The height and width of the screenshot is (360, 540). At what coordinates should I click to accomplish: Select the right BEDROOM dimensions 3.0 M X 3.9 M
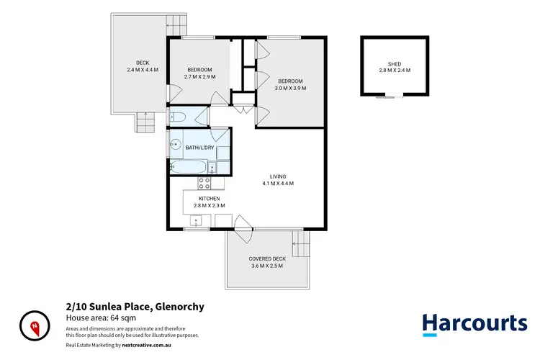[291, 89]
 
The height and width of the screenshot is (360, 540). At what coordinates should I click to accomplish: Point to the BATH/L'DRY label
[199, 148]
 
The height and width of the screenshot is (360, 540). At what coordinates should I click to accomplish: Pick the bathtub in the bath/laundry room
[189, 167]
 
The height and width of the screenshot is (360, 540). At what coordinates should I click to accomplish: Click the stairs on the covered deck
[300, 244]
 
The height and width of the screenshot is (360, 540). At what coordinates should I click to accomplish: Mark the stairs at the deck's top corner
[176, 22]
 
